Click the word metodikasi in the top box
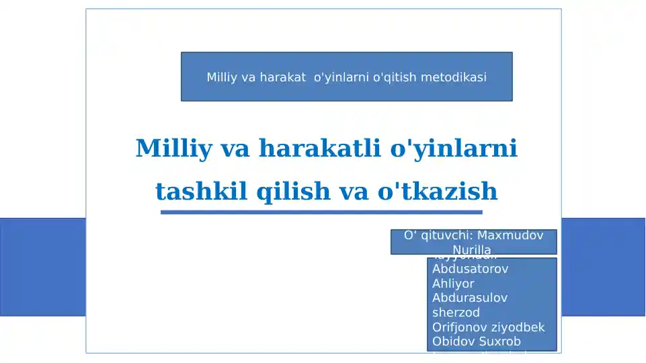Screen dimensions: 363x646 [x=454, y=77]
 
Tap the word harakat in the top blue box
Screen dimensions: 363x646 [x=282, y=77]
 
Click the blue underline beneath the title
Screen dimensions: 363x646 [x=321, y=212]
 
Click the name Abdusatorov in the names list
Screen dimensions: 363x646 [x=470, y=269]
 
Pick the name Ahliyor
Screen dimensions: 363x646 [x=453, y=284]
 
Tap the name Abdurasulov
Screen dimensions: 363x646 [x=470, y=298]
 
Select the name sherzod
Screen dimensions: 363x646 [x=456, y=313]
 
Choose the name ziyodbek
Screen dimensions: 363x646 [x=519, y=327]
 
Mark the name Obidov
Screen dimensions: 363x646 [x=452, y=341]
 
